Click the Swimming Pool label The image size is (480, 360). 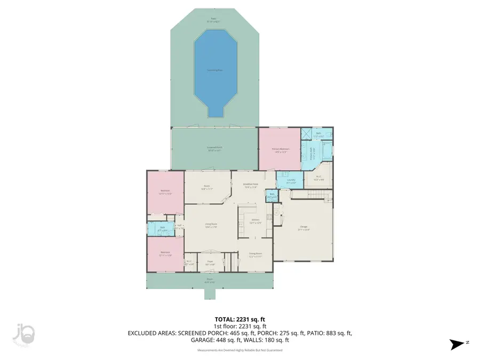pyautogui.click(x=215, y=70)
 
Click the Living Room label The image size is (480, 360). pyautogui.click(x=211, y=225)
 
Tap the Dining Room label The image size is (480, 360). pyautogui.click(x=255, y=255)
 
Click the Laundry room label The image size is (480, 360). pyautogui.click(x=291, y=181)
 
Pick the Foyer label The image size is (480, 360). pyautogui.click(x=211, y=263)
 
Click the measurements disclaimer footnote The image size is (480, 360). pyautogui.click(x=239, y=350)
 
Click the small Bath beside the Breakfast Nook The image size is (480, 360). pyautogui.click(x=271, y=196)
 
